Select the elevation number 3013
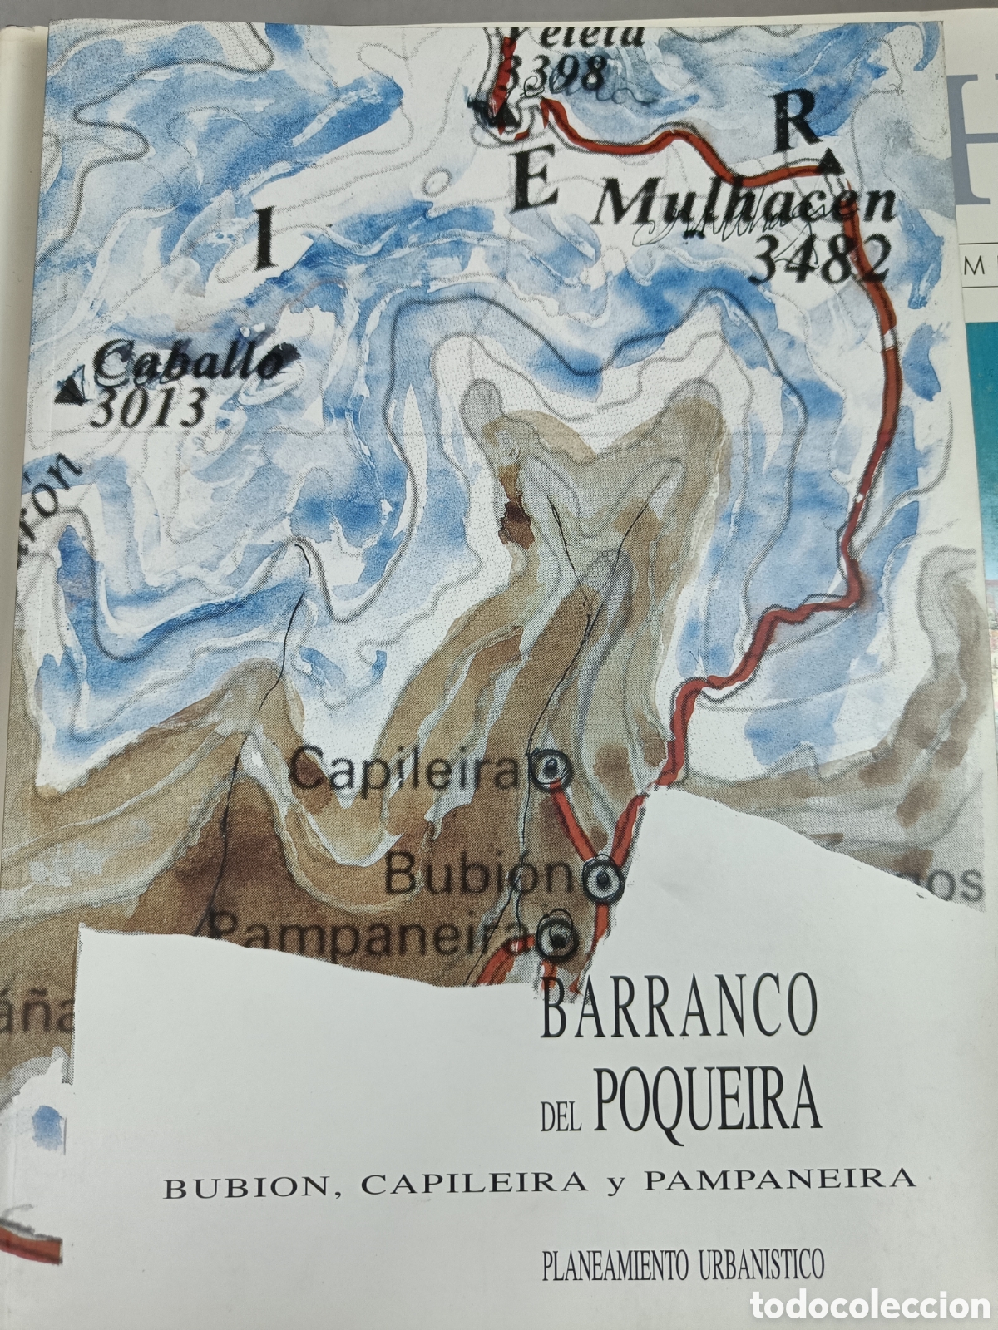150,407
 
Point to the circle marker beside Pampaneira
559,938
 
